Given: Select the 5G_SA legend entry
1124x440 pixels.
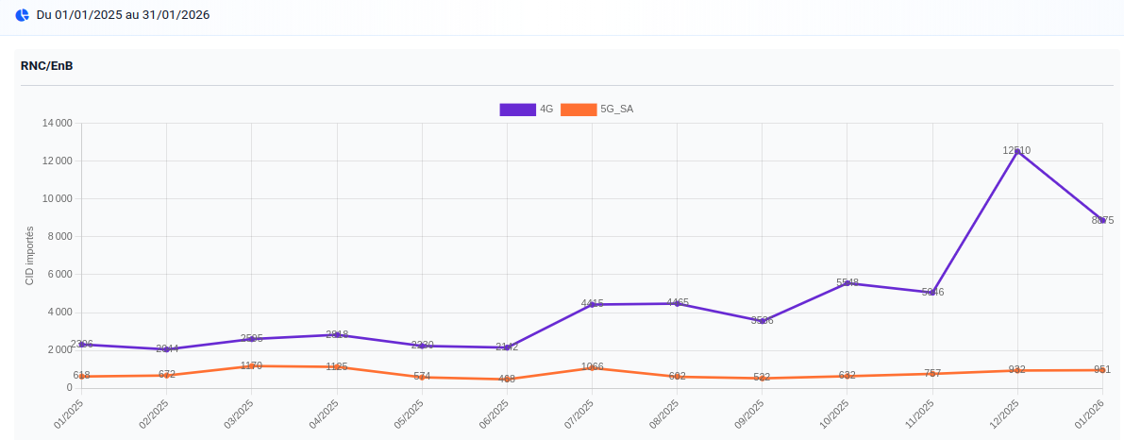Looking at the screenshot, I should click(x=596, y=110).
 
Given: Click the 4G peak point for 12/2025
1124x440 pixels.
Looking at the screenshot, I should click(x=1016, y=151).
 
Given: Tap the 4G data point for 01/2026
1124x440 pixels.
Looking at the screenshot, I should click(x=1101, y=220).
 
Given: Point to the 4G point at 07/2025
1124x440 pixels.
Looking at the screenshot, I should click(x=592, y=304).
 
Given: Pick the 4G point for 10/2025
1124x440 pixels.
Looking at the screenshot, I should click(x=847, y=283).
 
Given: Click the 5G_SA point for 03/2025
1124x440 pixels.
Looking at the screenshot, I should click(x=251, y=365).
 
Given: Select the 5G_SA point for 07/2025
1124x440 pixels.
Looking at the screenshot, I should click(x=592, y=367).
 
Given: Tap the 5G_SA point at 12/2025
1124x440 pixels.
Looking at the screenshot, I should click(x=1016, y=370).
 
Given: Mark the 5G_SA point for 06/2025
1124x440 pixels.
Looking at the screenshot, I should click(x=507, y=379).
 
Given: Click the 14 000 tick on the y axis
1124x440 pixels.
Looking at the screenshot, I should click(x=58, y=124).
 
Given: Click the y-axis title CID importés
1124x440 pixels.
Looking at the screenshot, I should click(x=29, y=256).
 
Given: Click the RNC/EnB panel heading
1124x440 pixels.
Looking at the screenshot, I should click(x=47, y=66).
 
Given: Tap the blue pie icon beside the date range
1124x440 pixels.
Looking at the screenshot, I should click(x=23, y=15).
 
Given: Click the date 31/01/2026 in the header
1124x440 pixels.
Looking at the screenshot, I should click(x=176, y=15).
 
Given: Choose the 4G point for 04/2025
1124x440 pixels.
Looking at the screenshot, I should click(x=337, y=335).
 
